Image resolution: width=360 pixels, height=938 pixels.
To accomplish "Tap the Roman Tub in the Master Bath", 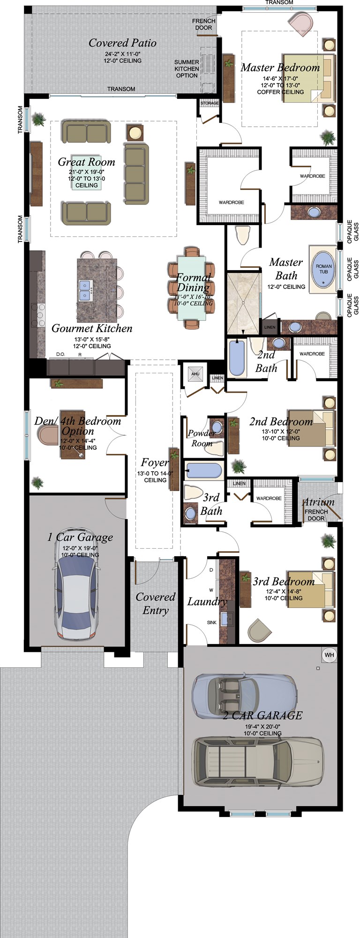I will [x=323, y=269].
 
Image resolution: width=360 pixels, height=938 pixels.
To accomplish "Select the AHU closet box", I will [x=195, y=374].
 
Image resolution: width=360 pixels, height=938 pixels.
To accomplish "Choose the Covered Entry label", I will [x=155, y=604].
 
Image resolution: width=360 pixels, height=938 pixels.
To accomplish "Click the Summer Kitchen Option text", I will [x=187, y=68].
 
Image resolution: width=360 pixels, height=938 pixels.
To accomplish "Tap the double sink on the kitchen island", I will [x=85, y=290].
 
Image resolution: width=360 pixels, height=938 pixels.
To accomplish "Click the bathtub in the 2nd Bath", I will [x=237, y=358].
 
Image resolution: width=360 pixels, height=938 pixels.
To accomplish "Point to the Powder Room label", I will [x=202, y=438].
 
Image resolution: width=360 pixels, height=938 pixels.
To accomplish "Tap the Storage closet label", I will [x=210, y=103].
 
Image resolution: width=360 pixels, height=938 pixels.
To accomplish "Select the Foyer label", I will [x=155, y=463].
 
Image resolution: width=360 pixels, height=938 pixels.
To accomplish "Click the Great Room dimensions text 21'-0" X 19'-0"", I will [x=87, y=172].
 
